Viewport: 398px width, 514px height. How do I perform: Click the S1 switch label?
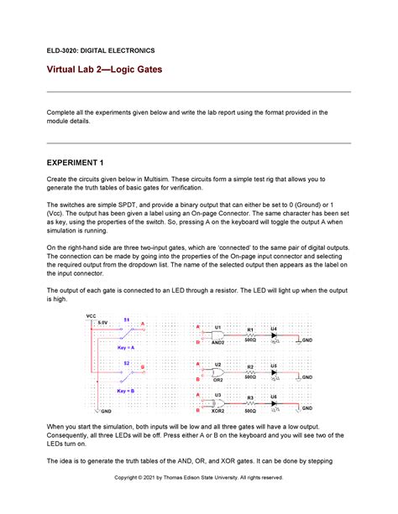(127, 319)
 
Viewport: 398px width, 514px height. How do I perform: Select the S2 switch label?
(127, 361)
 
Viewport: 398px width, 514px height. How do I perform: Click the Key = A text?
(126, 347)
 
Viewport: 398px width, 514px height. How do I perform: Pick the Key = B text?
(126, 391)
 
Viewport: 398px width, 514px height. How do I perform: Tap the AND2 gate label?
(217, 342)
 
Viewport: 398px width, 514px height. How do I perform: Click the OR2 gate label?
(217, 379)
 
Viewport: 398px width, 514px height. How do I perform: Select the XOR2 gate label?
(217, 411)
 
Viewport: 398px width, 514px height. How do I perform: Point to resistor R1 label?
(249, 330)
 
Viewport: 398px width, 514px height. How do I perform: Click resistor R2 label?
(249, 366)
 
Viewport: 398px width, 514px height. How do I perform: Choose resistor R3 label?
(249, 397)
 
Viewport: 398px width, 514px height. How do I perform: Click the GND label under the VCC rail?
(107, 412)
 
